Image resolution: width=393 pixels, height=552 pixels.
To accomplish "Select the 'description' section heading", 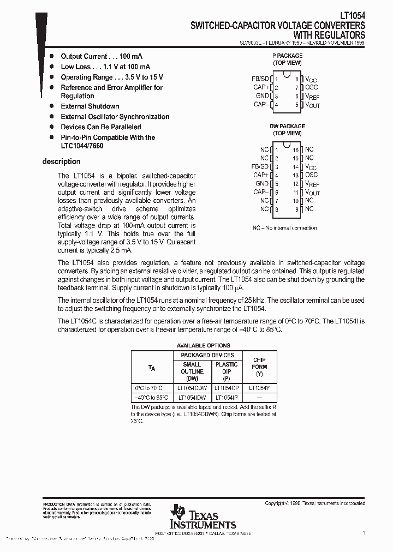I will [61, 161].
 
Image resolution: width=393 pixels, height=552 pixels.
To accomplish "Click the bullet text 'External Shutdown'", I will [90, 106].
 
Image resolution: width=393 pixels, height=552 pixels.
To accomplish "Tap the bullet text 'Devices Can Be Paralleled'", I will [100, 127].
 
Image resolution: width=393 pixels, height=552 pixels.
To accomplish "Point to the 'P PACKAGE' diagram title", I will [287, 56].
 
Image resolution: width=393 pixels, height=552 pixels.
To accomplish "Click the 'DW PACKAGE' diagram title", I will [287, 126].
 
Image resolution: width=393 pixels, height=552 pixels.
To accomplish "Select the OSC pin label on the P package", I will [311, 87].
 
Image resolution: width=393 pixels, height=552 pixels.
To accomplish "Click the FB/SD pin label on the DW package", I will [260, 166].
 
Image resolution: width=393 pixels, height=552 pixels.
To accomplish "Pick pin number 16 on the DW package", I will [295, 149].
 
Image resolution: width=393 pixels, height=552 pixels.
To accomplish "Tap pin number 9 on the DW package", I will [296, 209].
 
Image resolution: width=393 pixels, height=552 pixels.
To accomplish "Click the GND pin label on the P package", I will [262, 96].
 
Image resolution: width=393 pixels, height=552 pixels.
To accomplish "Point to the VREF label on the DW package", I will [312, 184].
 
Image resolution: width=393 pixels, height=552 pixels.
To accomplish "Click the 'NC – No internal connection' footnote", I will [284, 227].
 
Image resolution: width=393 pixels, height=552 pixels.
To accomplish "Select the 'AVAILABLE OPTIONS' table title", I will [203, 345].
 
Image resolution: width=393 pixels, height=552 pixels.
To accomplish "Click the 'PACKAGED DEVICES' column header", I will [207, 355].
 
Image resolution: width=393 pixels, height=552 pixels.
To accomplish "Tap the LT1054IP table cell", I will [226, 398].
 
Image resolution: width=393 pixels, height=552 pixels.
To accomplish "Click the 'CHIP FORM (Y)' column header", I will [259, 367].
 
